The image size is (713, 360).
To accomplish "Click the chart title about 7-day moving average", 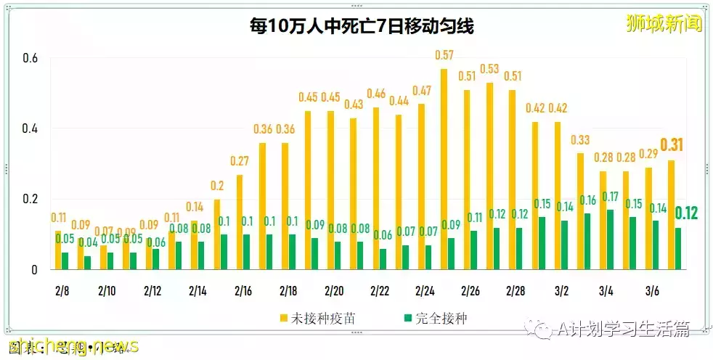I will pyautogui.click(x=356, y=28).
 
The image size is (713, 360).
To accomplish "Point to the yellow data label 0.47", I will pyautogui.click(x=421, y=91).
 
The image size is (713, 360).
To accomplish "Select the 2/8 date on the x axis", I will pyautogui.click(x=62, y=291).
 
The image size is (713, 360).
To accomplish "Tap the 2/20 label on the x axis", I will pyautogui.click(x=334, y=291).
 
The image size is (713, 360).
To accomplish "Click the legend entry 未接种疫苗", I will pyautogui.click(x=317, y=318).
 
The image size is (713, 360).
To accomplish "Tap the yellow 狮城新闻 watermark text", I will pyautogui.click(x=664, y=24).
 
